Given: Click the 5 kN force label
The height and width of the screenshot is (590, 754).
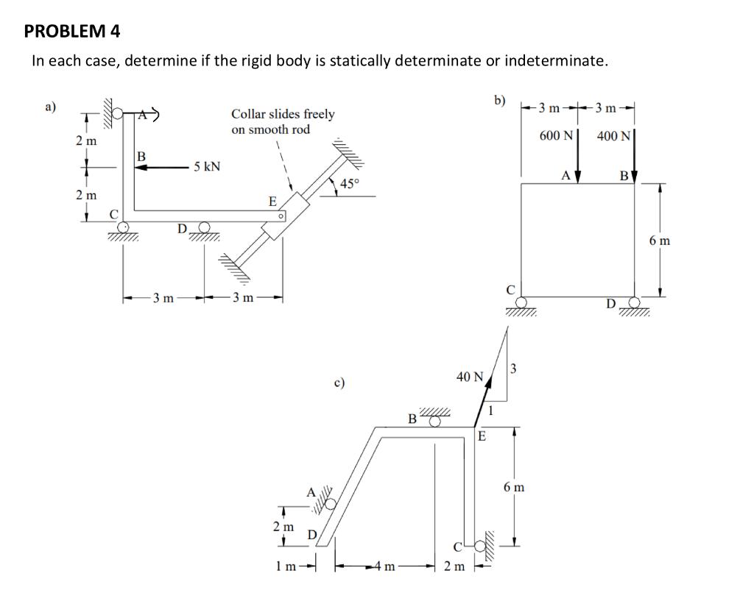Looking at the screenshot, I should [x=207, y=167].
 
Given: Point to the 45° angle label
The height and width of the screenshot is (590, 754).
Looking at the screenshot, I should [x=350, y=184].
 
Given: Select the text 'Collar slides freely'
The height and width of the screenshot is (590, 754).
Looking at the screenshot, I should [x=283, y=114].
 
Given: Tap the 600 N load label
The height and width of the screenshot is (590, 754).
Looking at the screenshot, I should [x=557, y=136].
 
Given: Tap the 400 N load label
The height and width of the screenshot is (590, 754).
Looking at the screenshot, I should [x=613, y=136].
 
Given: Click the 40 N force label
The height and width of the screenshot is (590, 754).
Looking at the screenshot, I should [x=469, y=377].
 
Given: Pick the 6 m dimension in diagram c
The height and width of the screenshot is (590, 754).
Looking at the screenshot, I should [x=514, y=487].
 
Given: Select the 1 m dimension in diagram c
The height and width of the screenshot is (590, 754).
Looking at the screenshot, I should [x=286, y=566].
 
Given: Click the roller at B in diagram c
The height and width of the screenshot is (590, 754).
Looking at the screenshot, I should [x=435, y=421].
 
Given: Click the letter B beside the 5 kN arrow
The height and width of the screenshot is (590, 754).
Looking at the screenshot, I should [x=141, y=155].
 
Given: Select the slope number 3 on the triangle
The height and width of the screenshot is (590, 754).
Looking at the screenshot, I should [x=515, y=367].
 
